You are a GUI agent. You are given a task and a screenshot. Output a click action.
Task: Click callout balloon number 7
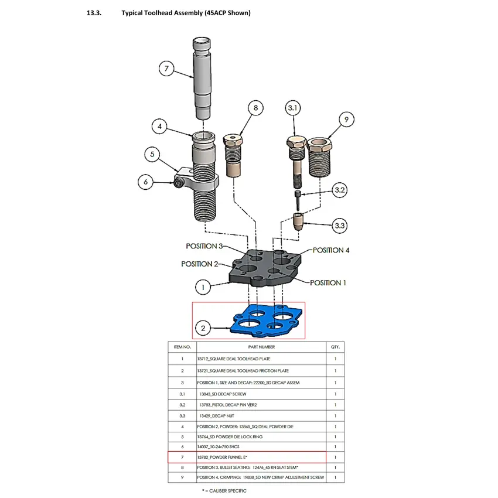pyautogui.click(x=166, y=69)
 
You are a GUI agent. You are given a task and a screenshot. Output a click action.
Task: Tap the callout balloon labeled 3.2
pyautogui.click(x=340, y=190)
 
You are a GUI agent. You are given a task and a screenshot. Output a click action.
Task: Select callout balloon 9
pyautogui.click(x=346, y=120)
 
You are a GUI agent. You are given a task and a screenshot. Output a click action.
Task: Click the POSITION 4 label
pyautogui.click(x=331, y=250)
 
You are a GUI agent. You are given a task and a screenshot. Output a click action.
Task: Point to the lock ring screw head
pyautogui.click(x=178, y=184)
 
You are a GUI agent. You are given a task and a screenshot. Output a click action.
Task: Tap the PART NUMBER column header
pyautogui.click(x=262, y=347)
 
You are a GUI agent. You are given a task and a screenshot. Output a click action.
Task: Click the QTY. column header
pyautogui.click(x=335, y=347)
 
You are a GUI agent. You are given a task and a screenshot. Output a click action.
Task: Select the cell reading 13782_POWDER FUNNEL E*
pyautogui.click(x=221, y=457)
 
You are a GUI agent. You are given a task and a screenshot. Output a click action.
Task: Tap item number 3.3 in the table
pyautogui.click(x=182, y=415)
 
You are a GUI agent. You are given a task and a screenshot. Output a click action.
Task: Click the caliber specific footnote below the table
pyautogui.click(x=224, y=491)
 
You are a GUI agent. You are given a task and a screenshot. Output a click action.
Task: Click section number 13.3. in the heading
pyautogui.click(x=94, y=13)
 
